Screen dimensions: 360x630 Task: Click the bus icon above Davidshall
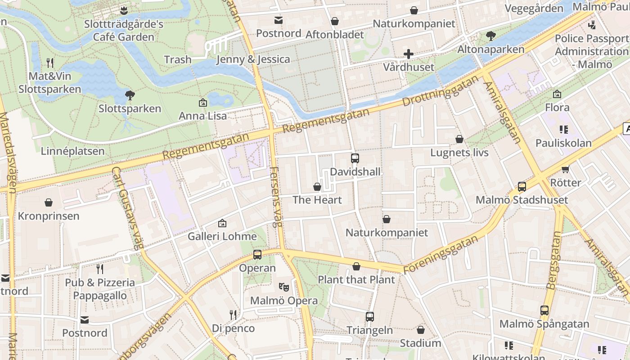355,158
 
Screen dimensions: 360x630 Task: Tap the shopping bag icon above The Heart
317,186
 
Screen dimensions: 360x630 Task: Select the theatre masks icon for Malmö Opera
283,286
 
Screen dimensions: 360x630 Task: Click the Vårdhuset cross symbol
408,54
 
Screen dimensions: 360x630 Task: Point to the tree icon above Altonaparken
491,36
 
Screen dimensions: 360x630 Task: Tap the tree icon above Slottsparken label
130,95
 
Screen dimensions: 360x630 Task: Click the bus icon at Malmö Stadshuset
522,186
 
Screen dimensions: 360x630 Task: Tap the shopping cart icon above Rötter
566,169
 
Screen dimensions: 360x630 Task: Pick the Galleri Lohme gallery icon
222,223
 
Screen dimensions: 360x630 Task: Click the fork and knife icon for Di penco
233,315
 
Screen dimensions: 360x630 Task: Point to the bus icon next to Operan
257,255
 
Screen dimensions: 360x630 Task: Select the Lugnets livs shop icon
459,139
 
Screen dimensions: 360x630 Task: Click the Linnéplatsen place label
72,151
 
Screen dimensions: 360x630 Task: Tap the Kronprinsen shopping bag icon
49,202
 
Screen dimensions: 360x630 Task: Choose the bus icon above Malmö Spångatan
544,310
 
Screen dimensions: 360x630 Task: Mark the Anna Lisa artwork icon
203,103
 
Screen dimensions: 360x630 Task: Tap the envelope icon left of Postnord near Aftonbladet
279,20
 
